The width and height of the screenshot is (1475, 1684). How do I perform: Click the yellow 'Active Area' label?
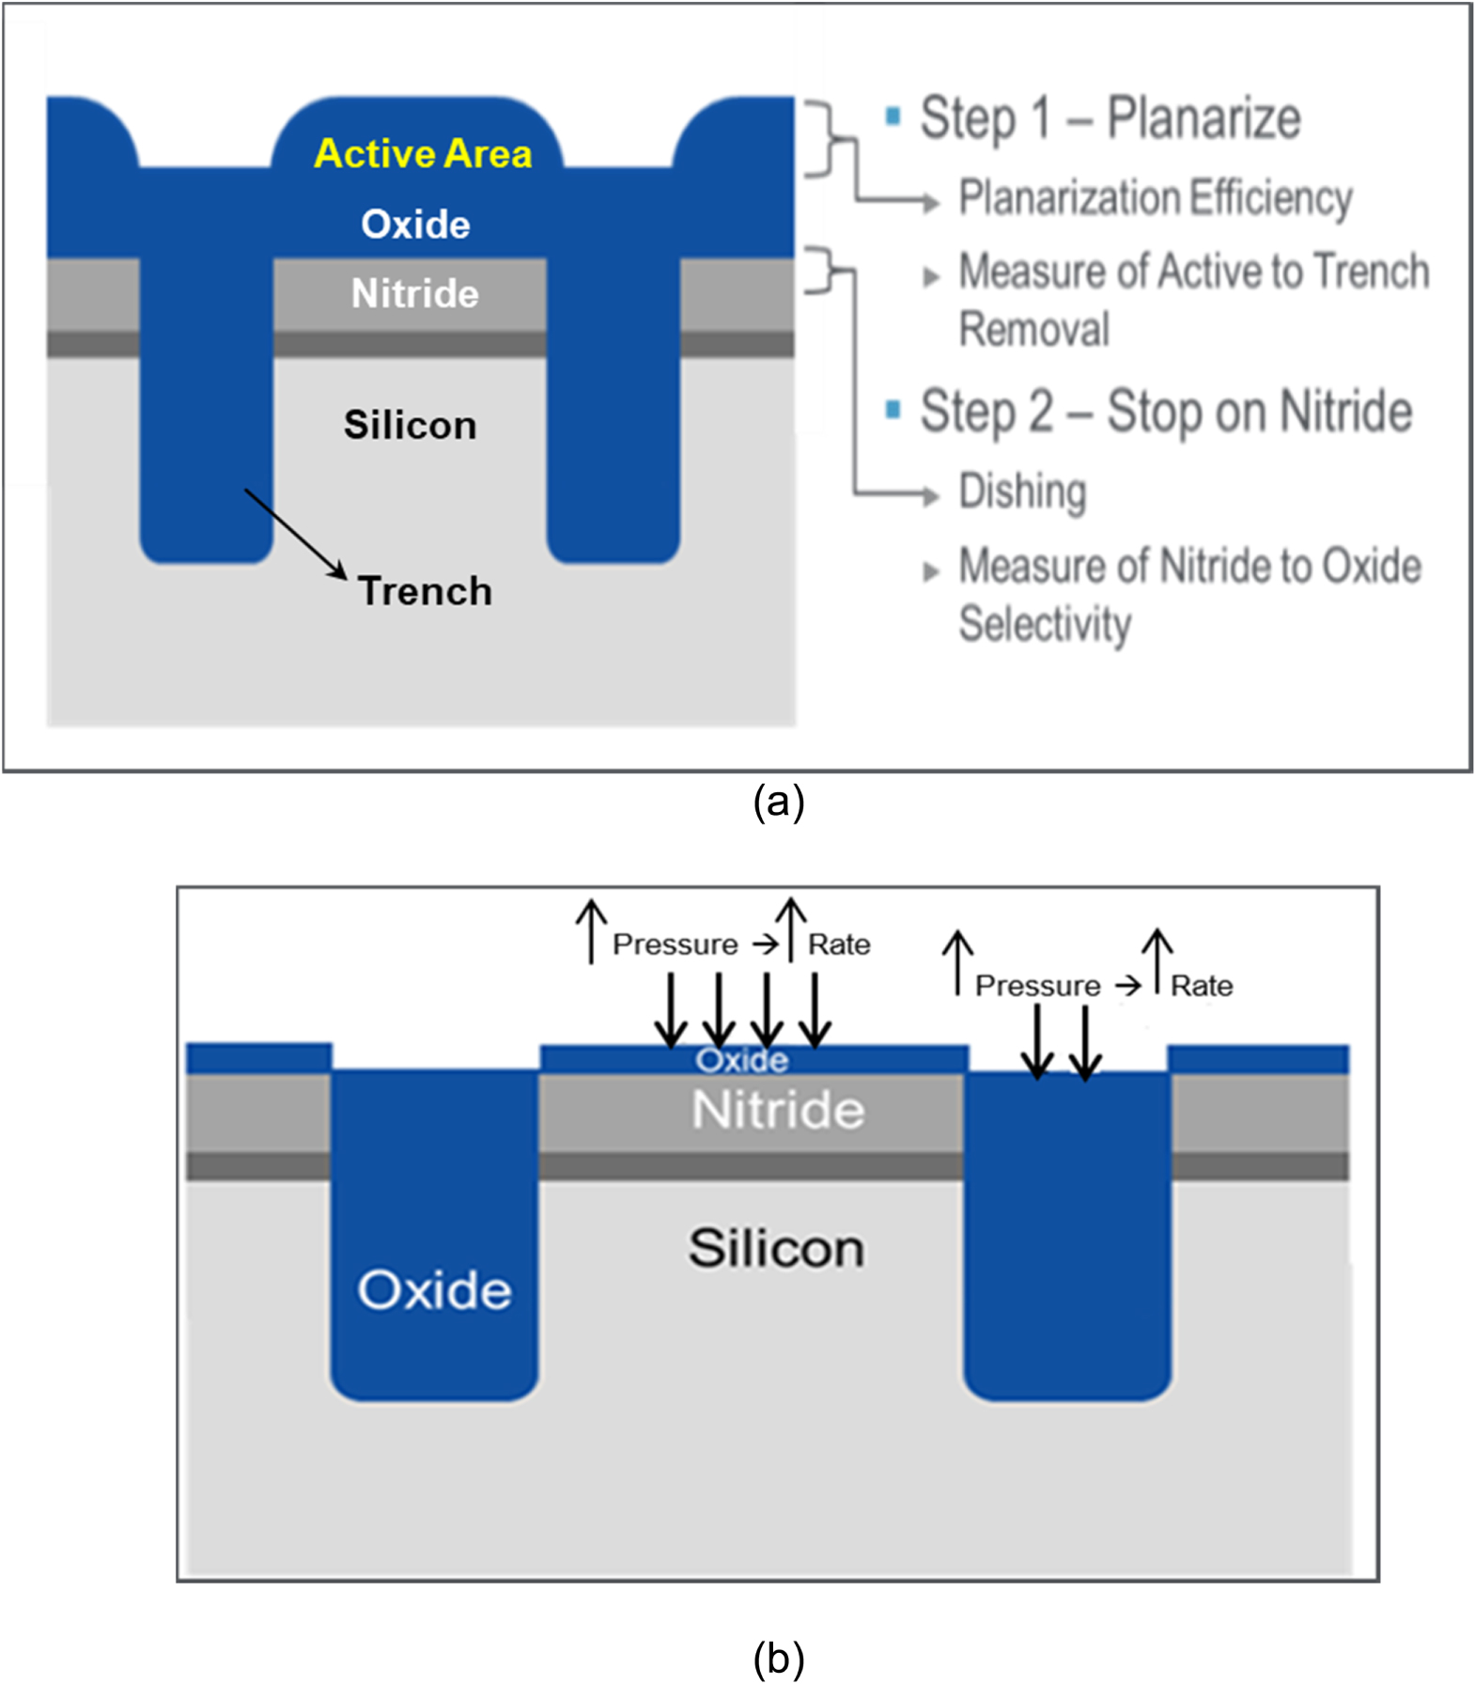pyautogui.click(x=423, y=153)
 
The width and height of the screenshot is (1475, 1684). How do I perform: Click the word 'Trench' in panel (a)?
pyautogui.click(x=425, y=591)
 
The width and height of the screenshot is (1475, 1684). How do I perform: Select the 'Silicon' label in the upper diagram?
pyautogui.click(x=410, y=425)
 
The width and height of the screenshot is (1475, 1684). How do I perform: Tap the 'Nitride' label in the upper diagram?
pyautogui.click(x=414, y=293)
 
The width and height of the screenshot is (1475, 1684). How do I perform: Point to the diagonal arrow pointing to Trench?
pyautogui.click(x=295, y=533)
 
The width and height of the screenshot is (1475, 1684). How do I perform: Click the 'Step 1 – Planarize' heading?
pyautogui.click(x=1109, y=118)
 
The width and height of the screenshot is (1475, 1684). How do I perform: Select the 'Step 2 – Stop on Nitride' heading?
pyautogui.click(x=1165, y=412)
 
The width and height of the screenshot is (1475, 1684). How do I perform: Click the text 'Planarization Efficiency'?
pyautogui.click(x=1155, y=197)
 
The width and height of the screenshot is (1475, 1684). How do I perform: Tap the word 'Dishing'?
pyautogui.click(x=1022, y=491)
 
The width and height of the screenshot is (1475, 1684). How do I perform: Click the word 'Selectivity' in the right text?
pyautogui.click(x=1045, y=624)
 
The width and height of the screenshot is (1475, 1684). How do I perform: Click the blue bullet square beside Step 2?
pyautogui.click(x=893, y=409)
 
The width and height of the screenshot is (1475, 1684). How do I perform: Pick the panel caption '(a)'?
pyautogui.click(x=778, y=802)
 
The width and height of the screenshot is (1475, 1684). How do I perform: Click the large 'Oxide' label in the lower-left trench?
pyautogui.click(x=434, y=1289)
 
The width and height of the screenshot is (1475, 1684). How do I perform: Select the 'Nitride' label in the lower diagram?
pyautogui.click(x=777, y=1110)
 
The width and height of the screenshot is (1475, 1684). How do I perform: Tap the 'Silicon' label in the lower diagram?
pyautogui.click(x=776, y=1248)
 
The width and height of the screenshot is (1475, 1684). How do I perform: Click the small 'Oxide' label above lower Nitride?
pyautogui.click(x=741, y=1060)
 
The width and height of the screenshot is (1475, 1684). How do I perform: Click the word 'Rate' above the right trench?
pyautogui.click(x=1201, y=986)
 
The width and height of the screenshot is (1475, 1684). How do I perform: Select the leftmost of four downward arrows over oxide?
pyautogui.click(x=670, y=1010)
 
